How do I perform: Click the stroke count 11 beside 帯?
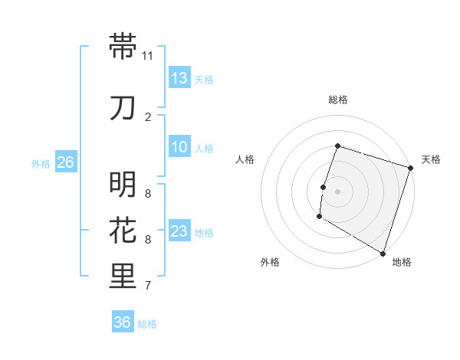point(148,56)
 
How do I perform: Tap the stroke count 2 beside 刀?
point(148,117)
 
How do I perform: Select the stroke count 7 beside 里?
point(148,286)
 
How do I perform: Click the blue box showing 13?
point(179,77)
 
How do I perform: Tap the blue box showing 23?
point(179,231)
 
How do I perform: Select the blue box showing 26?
point(65,162)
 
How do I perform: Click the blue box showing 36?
point(123,322)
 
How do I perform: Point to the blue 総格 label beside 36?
point(147,324)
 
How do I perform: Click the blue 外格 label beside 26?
point(41,163)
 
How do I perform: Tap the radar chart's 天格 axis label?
point(431,159)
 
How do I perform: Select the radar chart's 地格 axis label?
point(402,262)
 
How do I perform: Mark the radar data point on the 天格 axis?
point(410,168)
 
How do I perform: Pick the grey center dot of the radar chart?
point(337,191)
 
